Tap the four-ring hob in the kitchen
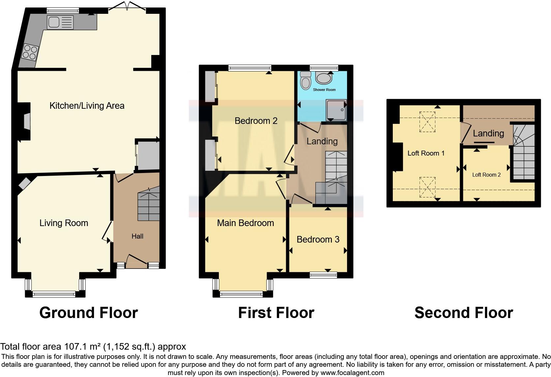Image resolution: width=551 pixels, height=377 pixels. (29, 52)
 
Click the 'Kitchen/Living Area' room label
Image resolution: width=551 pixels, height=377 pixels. (87, 106)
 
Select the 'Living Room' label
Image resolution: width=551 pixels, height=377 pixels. (64, 223)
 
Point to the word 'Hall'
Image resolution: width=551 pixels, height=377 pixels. (137, 236)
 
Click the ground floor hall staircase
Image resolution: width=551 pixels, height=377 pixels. (148, 204)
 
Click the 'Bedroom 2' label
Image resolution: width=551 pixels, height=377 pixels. (256, 121)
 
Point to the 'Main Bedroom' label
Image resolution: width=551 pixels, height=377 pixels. (246, 223)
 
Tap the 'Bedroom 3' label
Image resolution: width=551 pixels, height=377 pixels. (318, 240)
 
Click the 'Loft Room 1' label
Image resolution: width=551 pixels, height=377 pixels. (426, 153)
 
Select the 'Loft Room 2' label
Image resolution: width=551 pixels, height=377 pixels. (486, 175)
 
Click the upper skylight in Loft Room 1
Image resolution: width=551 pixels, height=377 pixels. (427, 122)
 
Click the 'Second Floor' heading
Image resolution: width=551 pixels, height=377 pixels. (463, 313)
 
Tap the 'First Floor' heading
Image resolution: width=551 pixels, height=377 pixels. (276, 313)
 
